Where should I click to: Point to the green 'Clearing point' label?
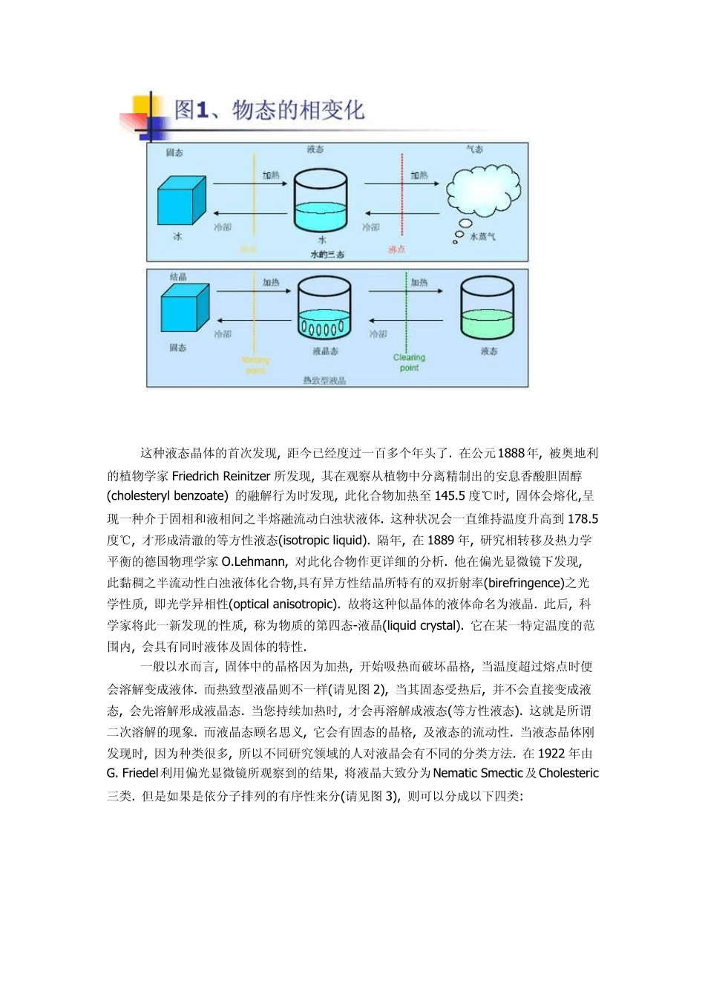pos(409,362)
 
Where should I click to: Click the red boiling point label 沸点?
pos(397,249)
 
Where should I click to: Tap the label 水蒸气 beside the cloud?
pos(482,237)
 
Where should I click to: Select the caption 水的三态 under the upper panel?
pos(327,255)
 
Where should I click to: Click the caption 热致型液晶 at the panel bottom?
pos(324,380)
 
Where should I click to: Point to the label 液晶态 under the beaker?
pos(325,351)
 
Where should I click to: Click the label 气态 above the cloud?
pos(474,149)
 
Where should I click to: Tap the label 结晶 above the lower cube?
pos(178,277)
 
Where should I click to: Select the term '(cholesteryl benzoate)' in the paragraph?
pos(167,496)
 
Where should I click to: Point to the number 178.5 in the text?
pos(583,518)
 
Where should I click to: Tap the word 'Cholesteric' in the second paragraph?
pos(568,773)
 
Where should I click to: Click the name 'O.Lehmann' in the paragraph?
pos(253,561)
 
